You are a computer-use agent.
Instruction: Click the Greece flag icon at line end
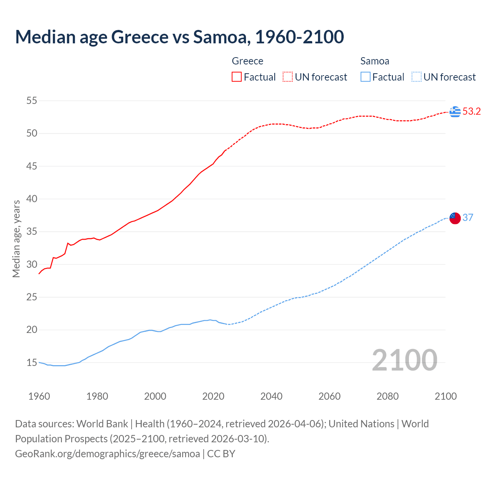(x=455, y=112)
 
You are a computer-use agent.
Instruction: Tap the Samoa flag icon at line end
(x=455, y=218)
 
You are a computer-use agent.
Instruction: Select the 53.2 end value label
(x=471, y=112)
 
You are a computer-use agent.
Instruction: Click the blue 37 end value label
(x=468, y=218)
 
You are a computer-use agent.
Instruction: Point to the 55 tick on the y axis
(x=31, y=101)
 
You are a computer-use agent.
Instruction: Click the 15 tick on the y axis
(x=31, y=362)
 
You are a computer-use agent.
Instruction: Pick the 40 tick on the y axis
(x=31, y=199)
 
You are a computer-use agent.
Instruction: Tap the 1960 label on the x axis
(x=39, y=396)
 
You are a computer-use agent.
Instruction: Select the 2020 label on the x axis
(x=213, y=396)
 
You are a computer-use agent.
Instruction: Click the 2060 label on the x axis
(x=330, y=396)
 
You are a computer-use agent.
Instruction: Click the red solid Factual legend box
(x=237, y=77)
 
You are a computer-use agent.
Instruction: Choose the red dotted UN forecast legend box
(x=288, y=77)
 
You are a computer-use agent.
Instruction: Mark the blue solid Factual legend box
(x=365, y=77)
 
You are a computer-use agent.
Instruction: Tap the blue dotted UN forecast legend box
(x=416, y=77)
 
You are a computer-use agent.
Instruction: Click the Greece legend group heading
(x=247, y=61)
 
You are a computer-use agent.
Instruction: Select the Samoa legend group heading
(x=374, y=61)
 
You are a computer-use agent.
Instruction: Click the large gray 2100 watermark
(x=404, y=360)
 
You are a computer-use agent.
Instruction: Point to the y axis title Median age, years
(x=16, y=239)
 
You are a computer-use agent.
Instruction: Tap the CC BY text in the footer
(x=221, y=454)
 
